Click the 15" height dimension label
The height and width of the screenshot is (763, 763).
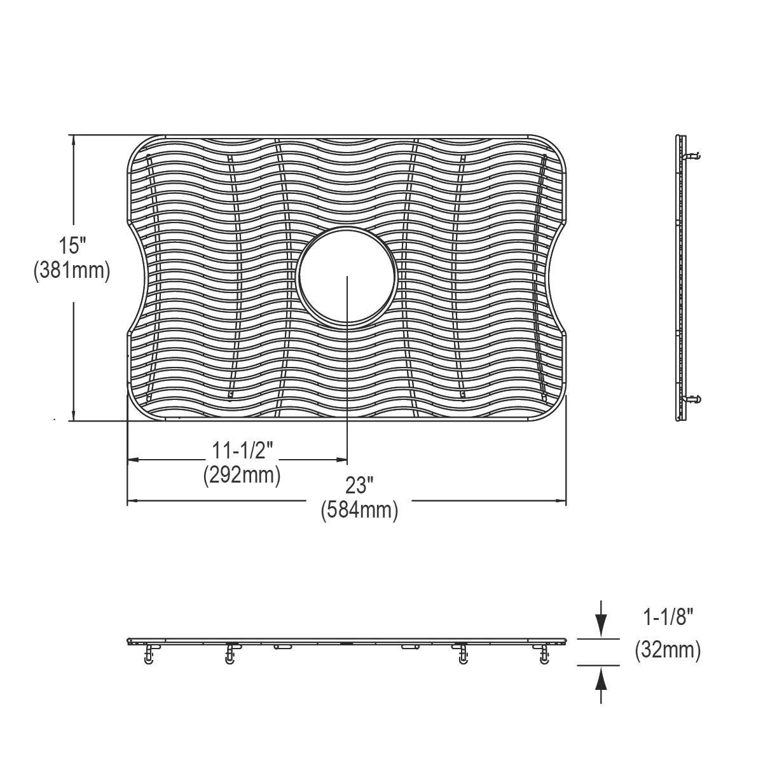click(72, 245)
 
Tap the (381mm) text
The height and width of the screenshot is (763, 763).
click(72, 271)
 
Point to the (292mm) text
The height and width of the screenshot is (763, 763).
click(242, 475)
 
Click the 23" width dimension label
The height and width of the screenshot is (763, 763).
click(359, 486)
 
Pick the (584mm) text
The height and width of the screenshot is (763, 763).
click(359, 510)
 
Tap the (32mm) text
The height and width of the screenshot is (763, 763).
click(668, 650)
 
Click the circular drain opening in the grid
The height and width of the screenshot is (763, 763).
click(347, 277)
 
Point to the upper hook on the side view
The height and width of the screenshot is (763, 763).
click(692, 155)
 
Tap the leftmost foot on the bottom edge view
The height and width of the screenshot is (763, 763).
click(149, 655)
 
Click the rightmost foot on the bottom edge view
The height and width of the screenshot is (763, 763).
click(544, 655)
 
